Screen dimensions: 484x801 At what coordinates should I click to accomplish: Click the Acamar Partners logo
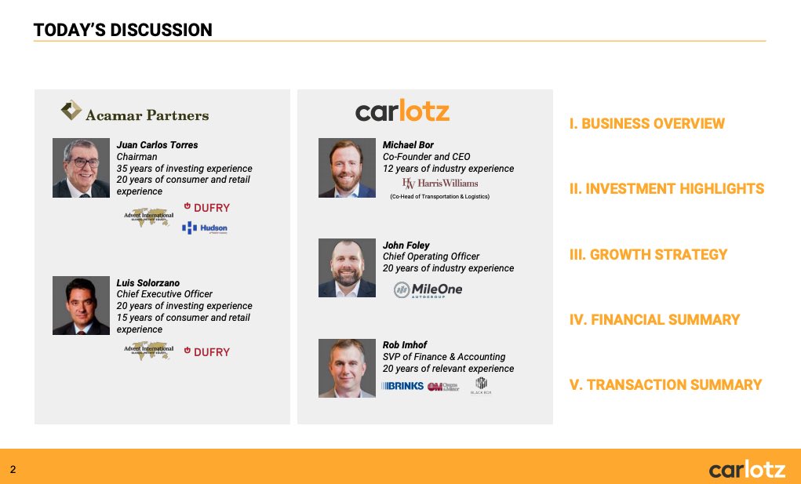coord(135,113)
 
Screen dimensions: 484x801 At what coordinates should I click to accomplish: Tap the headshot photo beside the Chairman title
coord(81,168)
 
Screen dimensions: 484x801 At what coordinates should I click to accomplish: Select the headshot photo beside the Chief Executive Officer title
coord(81,305)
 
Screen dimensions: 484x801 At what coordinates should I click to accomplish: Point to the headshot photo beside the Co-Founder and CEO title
coord(347,168)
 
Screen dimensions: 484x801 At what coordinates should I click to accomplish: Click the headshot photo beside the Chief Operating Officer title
coord(347,268)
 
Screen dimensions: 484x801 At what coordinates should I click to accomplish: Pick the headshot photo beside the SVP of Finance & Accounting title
coord(347,368)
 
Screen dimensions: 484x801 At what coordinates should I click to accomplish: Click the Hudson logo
coord(205,228)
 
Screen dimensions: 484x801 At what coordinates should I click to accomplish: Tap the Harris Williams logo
coord(439,184)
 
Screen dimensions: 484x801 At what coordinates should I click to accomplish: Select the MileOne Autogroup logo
coord(428,289)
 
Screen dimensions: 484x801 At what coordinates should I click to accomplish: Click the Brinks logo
coord(402,386)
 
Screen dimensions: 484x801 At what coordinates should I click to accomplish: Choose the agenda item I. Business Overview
coord(647,124)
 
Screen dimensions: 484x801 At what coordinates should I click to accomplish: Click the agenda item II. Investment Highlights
coord(667,189)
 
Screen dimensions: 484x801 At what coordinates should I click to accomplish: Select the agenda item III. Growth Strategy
coord(648,254)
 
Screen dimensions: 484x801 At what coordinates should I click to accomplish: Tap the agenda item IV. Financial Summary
coord(654,319)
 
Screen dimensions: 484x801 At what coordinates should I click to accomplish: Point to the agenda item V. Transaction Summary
coord(665,384)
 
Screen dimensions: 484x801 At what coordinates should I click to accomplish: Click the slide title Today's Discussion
coord(123,31)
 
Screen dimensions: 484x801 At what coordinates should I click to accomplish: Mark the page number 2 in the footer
coord(13,469)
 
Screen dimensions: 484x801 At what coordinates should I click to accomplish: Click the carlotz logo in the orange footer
coord(746,470)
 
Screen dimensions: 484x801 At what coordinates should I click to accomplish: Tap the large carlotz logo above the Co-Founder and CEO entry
coord(402,111)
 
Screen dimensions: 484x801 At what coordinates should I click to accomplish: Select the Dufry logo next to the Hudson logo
coord(206,207)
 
